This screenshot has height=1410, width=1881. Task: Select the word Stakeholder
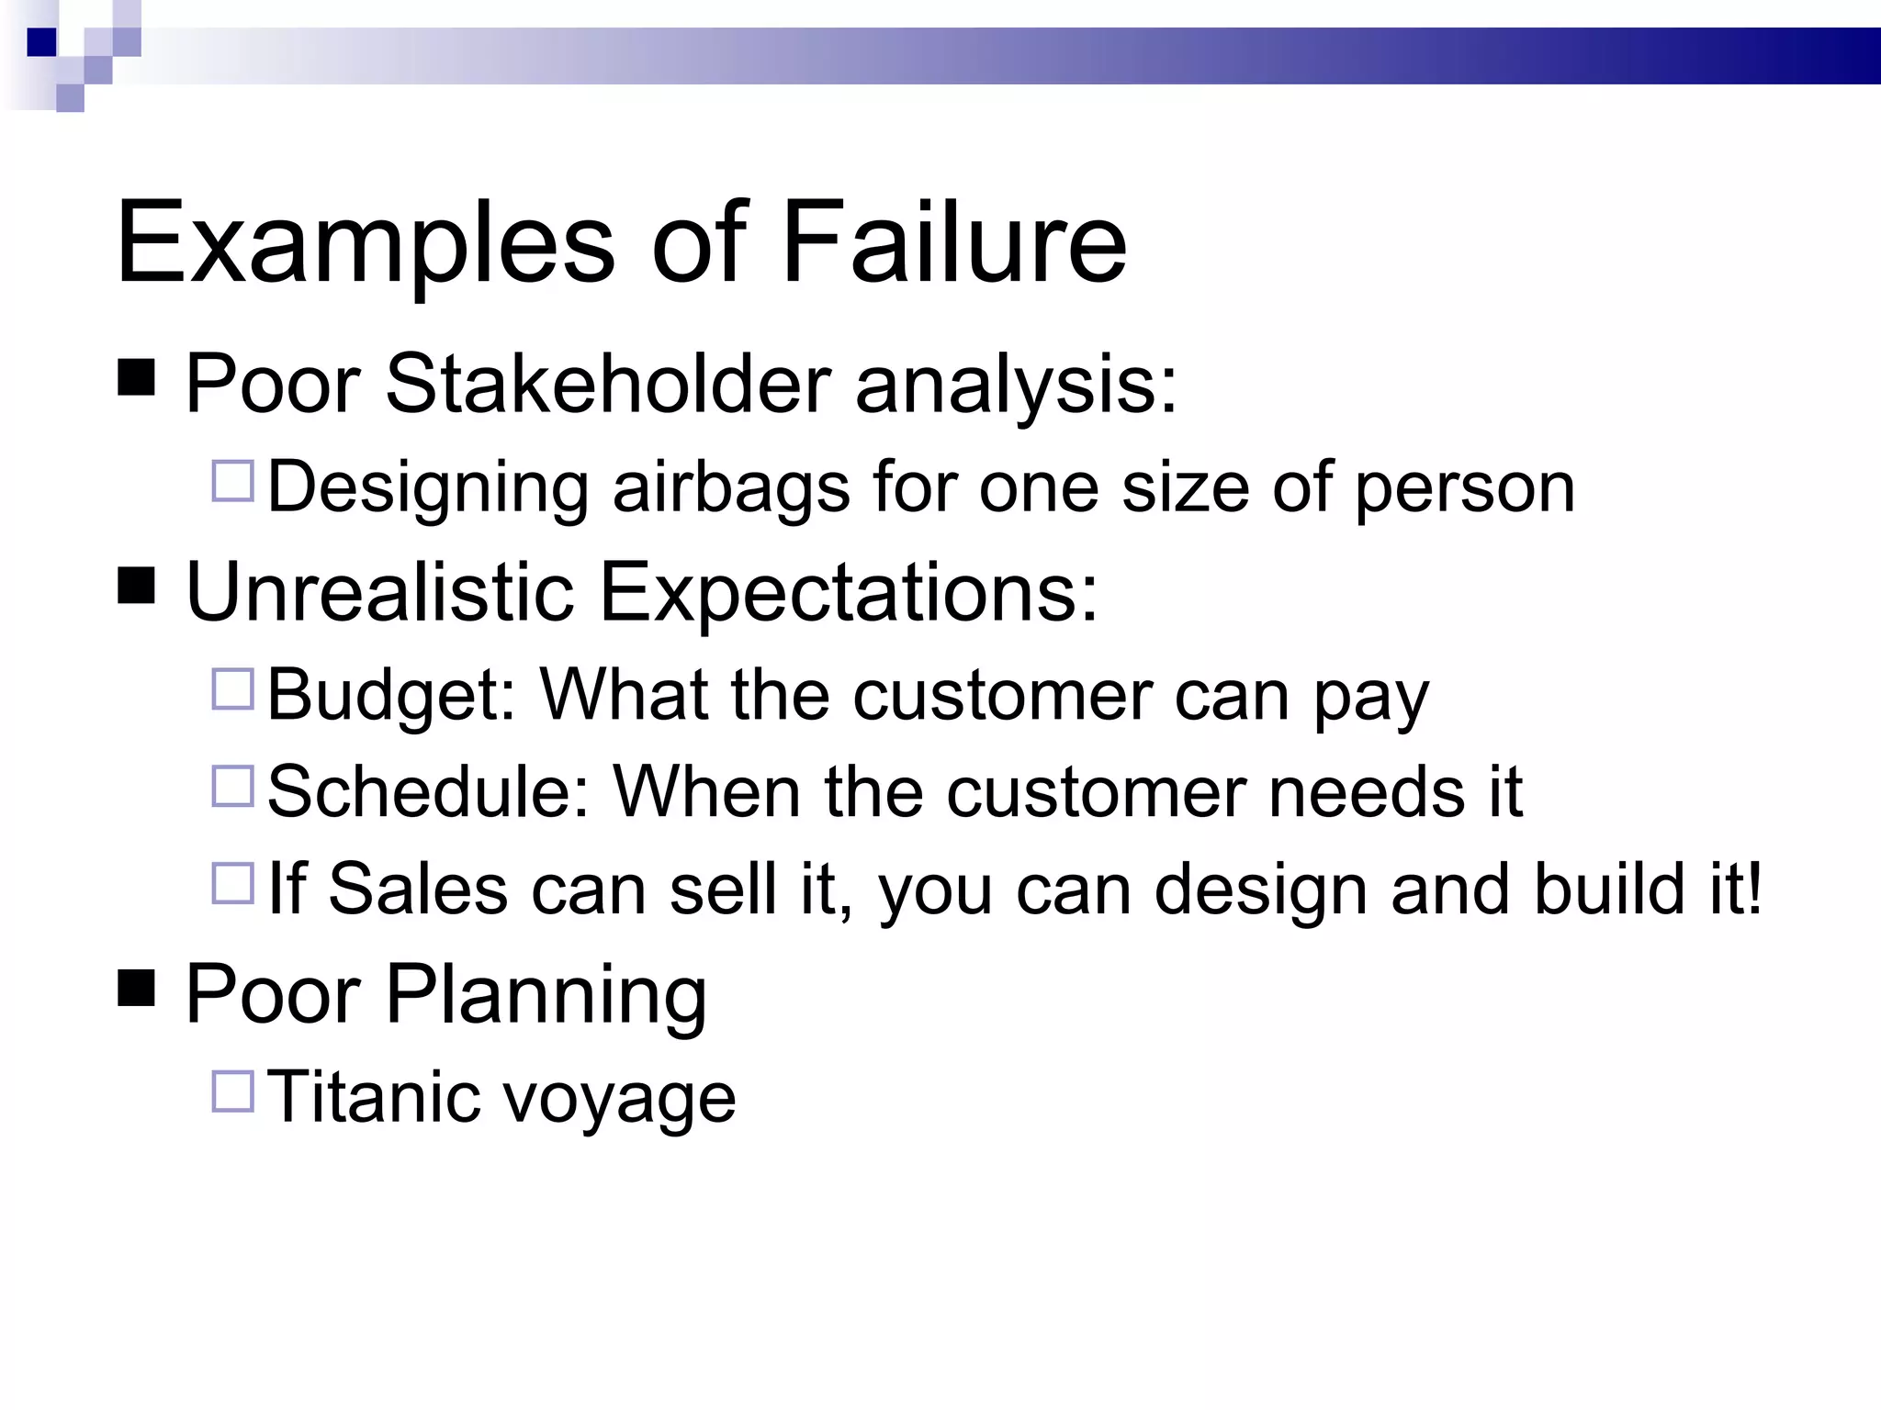(608, 383)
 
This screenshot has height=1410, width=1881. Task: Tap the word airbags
(731, 487)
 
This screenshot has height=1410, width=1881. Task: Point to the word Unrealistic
(379, 592)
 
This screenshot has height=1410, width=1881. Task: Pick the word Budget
(391, 694)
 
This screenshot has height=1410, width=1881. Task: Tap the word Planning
(546, 995)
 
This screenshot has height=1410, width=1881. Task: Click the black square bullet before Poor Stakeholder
(136, 376)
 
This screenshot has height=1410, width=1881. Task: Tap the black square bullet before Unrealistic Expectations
(136, 585)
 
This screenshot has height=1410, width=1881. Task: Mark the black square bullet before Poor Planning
(136, 988)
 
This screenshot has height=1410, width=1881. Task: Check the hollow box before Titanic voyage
(232, 1091)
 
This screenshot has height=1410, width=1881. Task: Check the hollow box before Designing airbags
(232, 481)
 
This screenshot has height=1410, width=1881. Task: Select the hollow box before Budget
(232, 689)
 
